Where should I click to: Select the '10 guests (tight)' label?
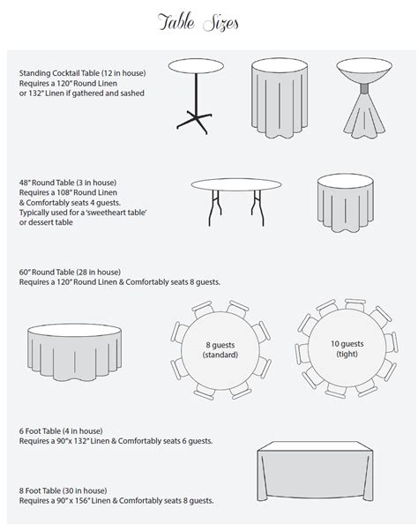pos(339,350)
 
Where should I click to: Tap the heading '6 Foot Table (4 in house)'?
pos(62,429)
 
